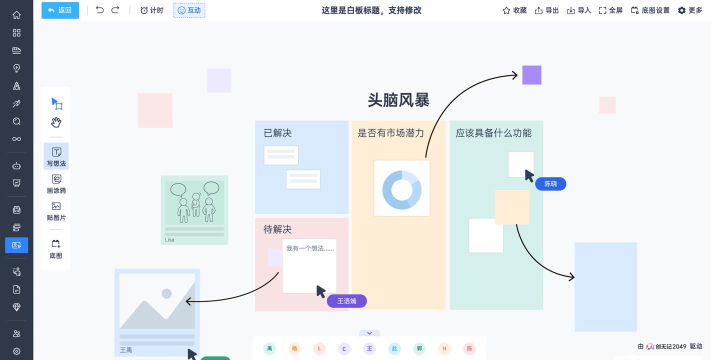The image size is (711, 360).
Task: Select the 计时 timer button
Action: [152, 10]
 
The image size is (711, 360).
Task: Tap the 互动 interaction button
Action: [188, 10]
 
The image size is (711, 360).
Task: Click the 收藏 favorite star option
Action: [514, 10]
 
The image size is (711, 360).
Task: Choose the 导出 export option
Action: [547, 10]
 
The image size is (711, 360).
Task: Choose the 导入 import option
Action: [579, 10]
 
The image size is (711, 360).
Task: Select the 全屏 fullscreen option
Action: [611, 10]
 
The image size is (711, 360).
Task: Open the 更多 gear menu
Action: [690, 10]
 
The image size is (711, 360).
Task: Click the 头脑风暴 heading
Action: [398, 100]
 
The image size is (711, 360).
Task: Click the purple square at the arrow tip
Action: [532, 75]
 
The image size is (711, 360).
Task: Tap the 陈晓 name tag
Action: [551, 184]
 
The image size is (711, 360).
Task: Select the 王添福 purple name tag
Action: [347, 301]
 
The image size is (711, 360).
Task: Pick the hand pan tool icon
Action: [56, 122]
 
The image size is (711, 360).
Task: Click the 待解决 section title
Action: [277, 230]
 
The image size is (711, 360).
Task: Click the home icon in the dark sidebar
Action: [16, 15]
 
